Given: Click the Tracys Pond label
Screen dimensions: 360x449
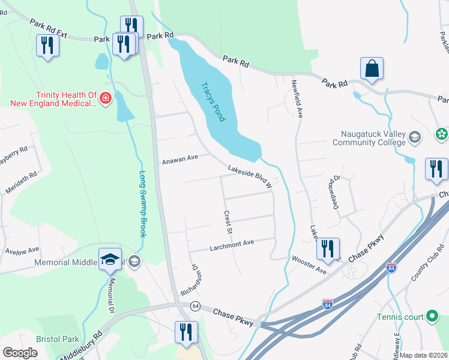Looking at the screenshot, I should (213, 101).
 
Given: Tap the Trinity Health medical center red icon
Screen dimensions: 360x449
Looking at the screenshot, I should (106, 98).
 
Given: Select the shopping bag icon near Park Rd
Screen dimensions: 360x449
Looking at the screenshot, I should (372, 69).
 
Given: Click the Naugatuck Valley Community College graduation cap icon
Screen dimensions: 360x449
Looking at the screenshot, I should (414, 139).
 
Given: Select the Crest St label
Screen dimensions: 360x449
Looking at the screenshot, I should (228, 222).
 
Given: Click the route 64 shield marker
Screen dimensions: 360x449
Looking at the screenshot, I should (196, 305).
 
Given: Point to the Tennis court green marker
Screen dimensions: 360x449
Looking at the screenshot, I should (432, 317).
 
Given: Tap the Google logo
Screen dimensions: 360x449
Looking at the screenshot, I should (20, 353).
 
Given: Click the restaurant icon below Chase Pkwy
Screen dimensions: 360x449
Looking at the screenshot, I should (186, 332).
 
